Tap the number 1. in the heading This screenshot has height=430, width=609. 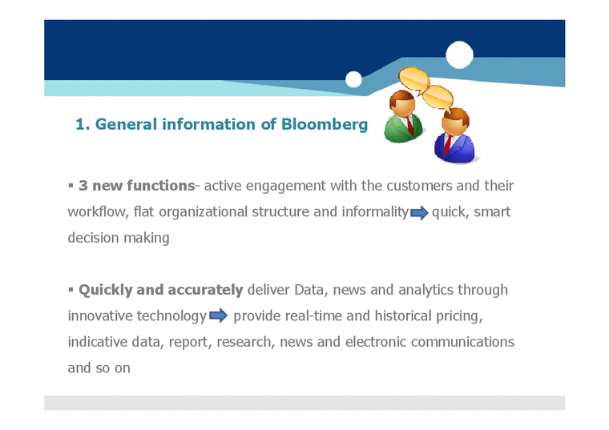point(82,124)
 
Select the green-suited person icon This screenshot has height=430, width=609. point(403,118)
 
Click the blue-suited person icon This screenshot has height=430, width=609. point(454,137)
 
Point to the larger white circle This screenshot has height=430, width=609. point(459,54)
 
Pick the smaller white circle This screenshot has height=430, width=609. point(353,79)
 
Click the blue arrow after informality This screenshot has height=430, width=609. point(420,213)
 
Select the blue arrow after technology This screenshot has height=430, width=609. point(219,316)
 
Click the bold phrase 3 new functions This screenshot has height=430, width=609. point(136,186)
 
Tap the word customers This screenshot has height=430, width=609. point(419,186)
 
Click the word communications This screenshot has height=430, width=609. point(462,342)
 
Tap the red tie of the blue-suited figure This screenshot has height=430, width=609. point(447,146)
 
